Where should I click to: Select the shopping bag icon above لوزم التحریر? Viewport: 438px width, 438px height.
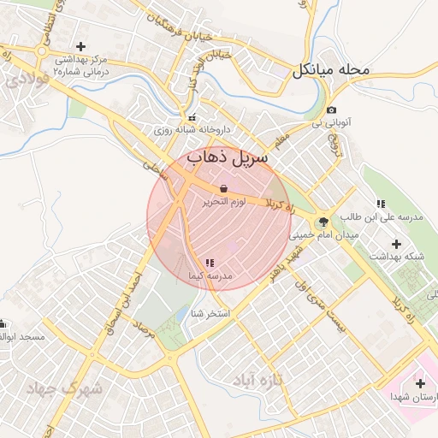coord(223,188)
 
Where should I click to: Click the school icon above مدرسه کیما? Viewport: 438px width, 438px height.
coord(209,263)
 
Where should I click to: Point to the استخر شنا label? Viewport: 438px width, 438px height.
coord(210,313)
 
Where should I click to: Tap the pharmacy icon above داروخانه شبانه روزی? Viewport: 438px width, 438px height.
coord(191,118)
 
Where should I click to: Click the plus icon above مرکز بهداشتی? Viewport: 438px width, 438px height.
coord(80,46)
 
